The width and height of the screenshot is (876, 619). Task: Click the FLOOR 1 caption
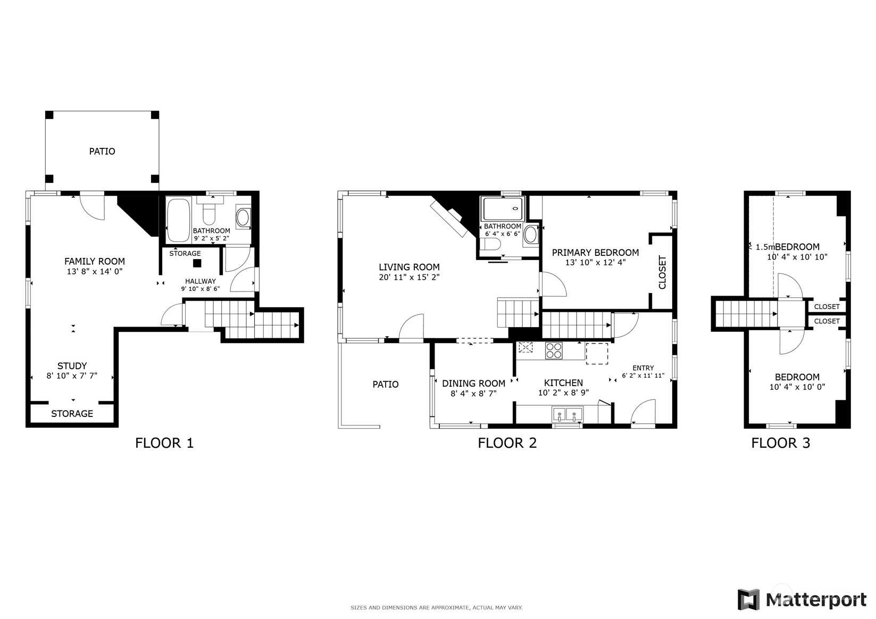pos(164,443)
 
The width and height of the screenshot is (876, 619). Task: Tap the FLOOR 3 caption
pos(781,443)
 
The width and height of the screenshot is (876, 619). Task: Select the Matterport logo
pos(802,599)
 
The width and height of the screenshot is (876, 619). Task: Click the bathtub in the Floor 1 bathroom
pos(178,220)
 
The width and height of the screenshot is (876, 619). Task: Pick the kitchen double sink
pos(567,414)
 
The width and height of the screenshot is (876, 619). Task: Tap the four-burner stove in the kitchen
pos(554,350)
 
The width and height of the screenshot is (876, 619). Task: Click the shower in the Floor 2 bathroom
pos(503,209)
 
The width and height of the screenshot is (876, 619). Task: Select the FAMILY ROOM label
pos(95,261)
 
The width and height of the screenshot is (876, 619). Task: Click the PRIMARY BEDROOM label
pos(595,253)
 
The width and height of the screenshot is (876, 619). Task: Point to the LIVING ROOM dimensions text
pos(409,277)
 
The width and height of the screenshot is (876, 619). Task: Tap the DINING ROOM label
pos(473,383)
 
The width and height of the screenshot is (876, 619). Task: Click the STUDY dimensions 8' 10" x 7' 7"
pos(72,376)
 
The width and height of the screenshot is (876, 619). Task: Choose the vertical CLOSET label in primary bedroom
pos(662,272)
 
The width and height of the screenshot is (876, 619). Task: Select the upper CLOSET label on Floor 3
pos(827,306)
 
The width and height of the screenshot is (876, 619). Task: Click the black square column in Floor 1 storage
pos(197,263)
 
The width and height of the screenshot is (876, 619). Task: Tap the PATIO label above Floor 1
pos(102,152)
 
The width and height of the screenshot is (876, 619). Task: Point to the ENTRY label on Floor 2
pos(643,368)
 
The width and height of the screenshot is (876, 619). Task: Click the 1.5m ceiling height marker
pos(765,247)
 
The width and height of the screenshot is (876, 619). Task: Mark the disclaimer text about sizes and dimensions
pos(437,608)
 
